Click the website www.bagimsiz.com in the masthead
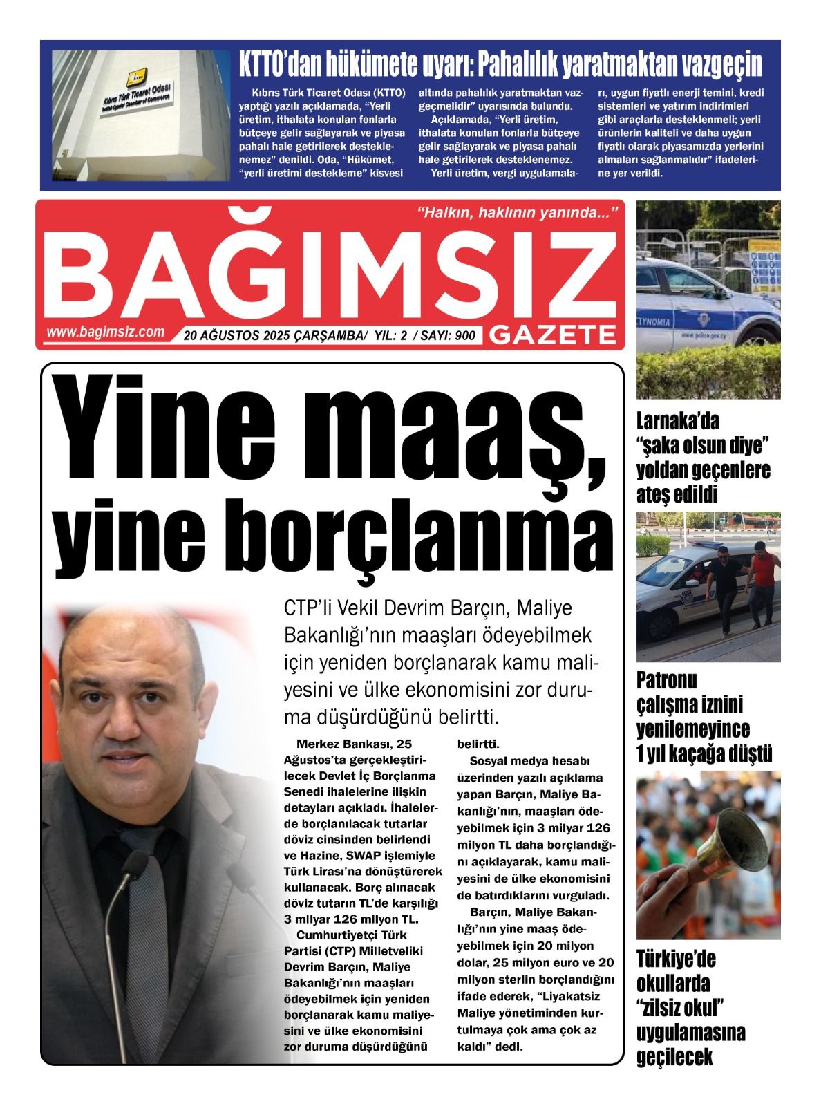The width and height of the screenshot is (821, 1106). (x=106, y=332)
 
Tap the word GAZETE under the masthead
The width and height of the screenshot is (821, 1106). (x=553, y=335)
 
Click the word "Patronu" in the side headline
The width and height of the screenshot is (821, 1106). (x=667, y=681)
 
